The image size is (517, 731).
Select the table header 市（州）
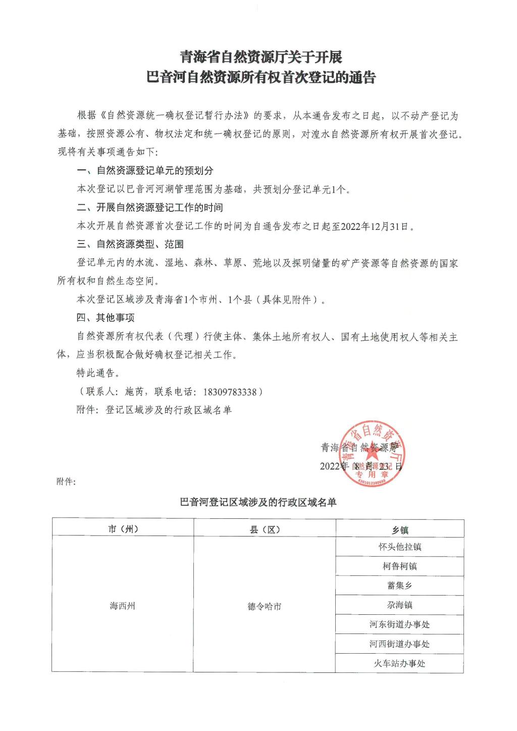[123, 529]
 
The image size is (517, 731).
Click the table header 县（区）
[265, 529]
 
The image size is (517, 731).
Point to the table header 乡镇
[400, 530]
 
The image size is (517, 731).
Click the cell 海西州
[123, 605]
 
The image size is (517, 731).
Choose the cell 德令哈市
[265, 606]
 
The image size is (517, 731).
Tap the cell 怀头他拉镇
[400, 547]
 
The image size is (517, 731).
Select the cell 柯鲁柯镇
[400, 566]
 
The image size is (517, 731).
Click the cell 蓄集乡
[400, 586]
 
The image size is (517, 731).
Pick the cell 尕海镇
[400, 605]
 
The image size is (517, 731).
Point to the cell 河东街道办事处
[400, 624]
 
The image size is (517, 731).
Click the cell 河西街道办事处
[400, 644]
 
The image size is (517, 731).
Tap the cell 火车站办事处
[400, 663]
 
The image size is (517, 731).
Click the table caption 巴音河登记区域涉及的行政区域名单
[258, 502]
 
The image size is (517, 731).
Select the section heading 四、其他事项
[106, 318]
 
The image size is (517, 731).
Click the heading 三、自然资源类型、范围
[130, 245]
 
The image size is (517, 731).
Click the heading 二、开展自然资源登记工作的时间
[150, 208]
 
